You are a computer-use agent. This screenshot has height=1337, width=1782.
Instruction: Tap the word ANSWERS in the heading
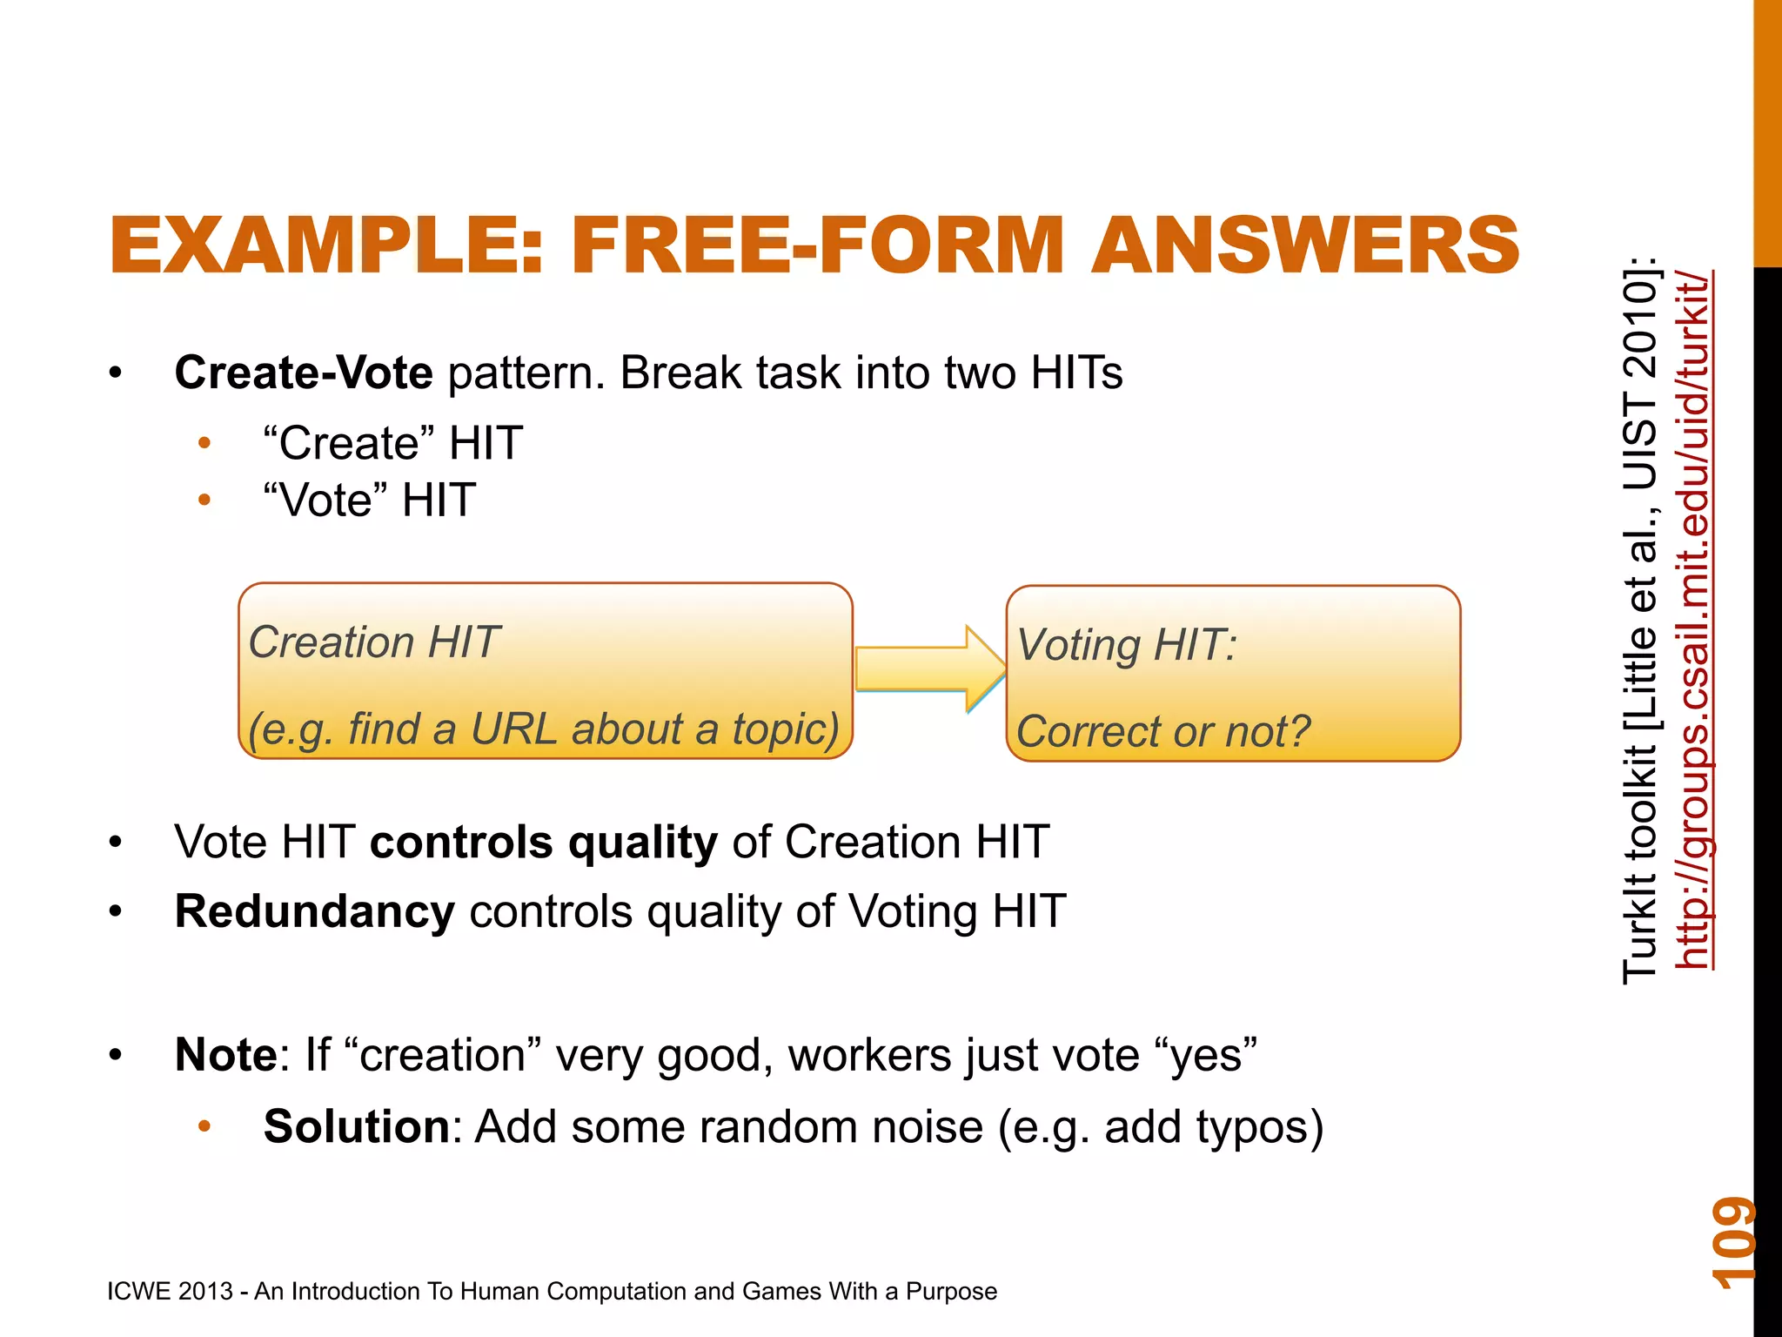point(1305,246)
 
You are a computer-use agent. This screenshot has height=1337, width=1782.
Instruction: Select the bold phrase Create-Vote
point(304,373)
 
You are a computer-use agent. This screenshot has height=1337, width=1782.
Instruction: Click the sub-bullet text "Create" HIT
point(392,443)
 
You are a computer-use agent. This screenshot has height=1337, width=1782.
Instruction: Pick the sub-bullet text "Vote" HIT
point(369,501)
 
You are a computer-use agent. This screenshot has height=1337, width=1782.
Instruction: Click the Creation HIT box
point(545,671)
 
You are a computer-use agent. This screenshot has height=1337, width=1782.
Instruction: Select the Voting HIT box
point(1232,673)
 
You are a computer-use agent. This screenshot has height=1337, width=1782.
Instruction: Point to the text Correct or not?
point(1162,731)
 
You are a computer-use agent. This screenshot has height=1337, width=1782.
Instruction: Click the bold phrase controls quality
point(544,843)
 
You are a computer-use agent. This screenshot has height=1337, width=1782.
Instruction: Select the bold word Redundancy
point(314,912)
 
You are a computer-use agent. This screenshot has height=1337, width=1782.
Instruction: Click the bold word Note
point(225,1055)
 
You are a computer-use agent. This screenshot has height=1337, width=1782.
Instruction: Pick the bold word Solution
point(356,1126)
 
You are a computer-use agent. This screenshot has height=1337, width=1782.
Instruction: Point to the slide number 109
point(1732,1242)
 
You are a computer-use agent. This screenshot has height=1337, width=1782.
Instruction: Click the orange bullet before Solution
point(204,1126)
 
